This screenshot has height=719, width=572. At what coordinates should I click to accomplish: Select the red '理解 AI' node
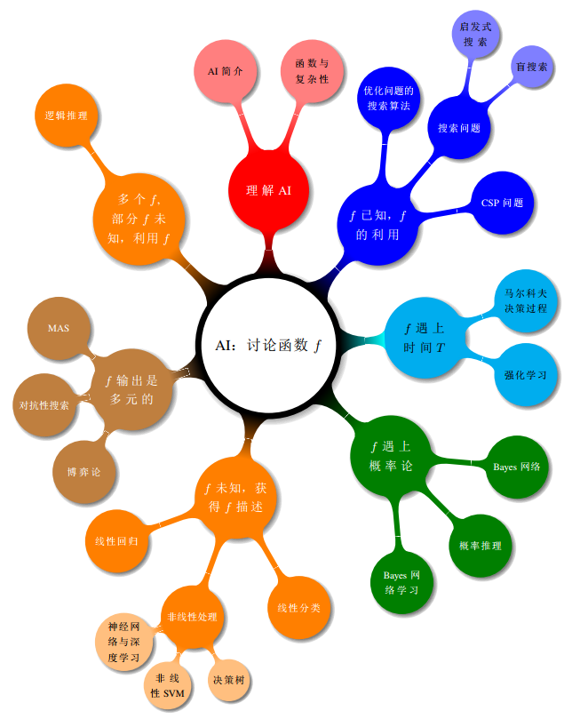coord(268,190)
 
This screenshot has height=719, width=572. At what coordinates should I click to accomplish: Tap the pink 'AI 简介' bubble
coord(226,70)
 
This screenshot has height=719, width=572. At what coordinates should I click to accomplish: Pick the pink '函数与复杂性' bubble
coord(312,71)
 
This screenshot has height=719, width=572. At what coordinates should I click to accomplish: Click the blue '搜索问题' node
coord(458,128)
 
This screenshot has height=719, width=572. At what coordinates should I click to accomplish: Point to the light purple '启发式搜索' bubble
coord(475,35)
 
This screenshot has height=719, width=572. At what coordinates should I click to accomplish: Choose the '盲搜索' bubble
coord(531,68)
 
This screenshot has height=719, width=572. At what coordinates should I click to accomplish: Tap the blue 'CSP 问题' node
coord(502,203)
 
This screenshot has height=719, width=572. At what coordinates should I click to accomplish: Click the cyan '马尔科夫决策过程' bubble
coord(526,300)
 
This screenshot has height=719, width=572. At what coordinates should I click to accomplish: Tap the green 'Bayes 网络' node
coord(517,466)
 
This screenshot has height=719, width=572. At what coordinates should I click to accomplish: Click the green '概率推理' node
coord(481,546)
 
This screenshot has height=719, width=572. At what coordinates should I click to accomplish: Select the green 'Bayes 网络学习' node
coord(401,582)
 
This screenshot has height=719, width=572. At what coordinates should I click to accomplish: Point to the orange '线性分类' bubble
coord(299,608)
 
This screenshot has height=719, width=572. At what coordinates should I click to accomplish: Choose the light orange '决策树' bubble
coord(228,680)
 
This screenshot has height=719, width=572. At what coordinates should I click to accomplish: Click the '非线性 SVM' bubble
coord(168,684)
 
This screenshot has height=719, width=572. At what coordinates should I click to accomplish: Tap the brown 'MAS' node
coord(60,329)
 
